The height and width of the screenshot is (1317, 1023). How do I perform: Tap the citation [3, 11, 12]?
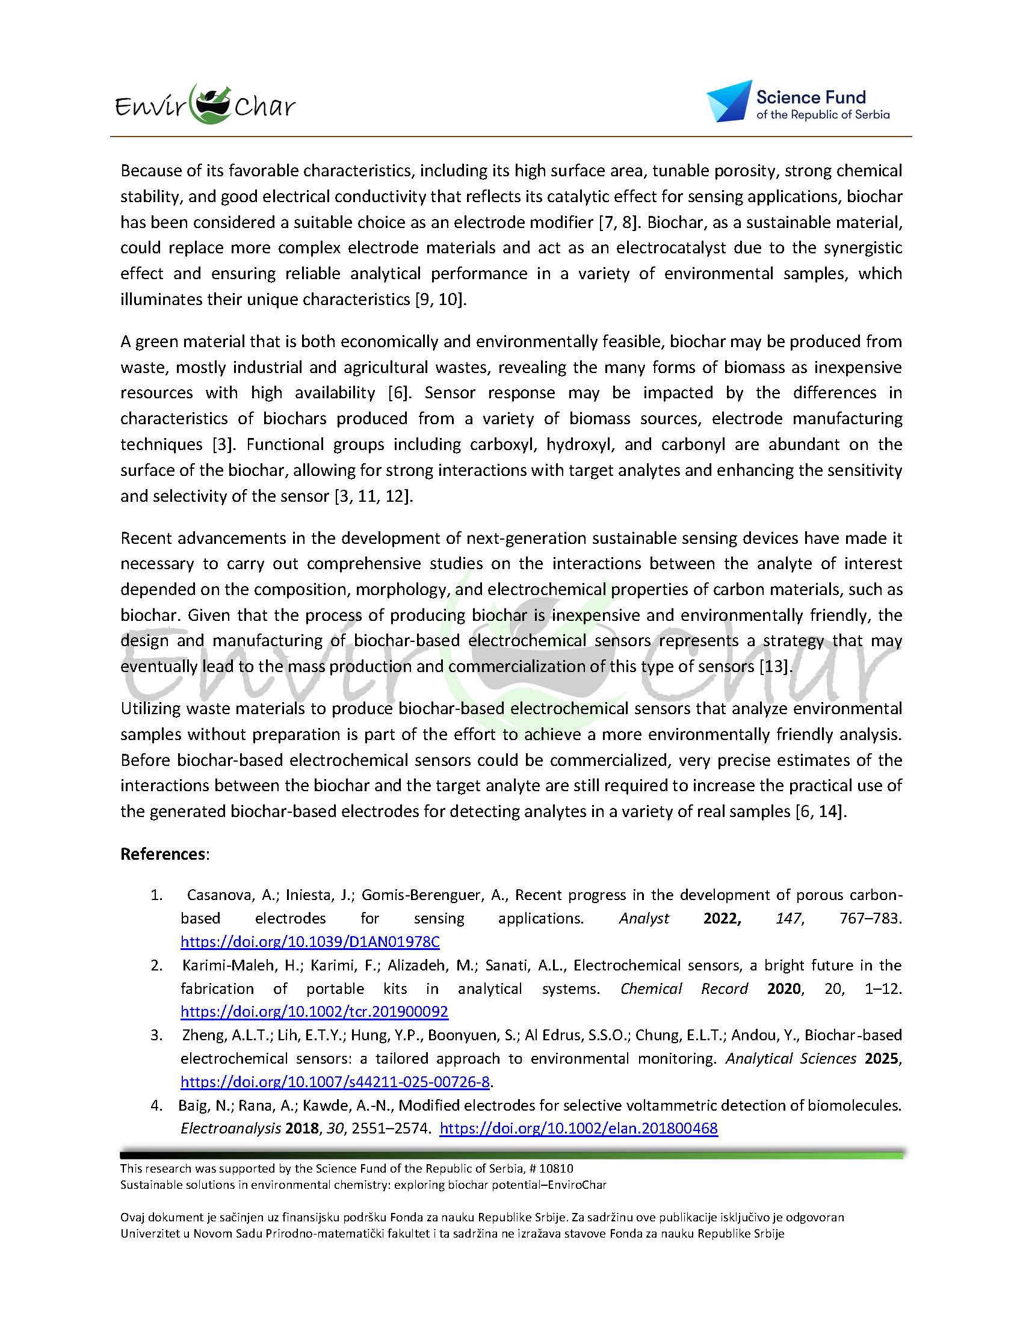tap(374, 496)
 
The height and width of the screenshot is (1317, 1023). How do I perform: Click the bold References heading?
tap(163, 854)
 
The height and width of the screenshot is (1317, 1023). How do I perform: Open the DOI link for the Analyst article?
tap(310, 942)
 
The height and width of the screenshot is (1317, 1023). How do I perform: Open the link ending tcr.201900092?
tap(314, 1011)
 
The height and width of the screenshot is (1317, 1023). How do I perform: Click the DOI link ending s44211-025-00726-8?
tap(335, 1082)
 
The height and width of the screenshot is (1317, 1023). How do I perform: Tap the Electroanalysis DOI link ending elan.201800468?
tap(578, 1128)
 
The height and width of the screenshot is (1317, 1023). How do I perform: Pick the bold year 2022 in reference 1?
tap(722, 918)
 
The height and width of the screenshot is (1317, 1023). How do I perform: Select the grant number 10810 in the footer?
tap(560, 1168)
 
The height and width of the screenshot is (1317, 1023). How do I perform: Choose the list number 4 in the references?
tap(156, 1105)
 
